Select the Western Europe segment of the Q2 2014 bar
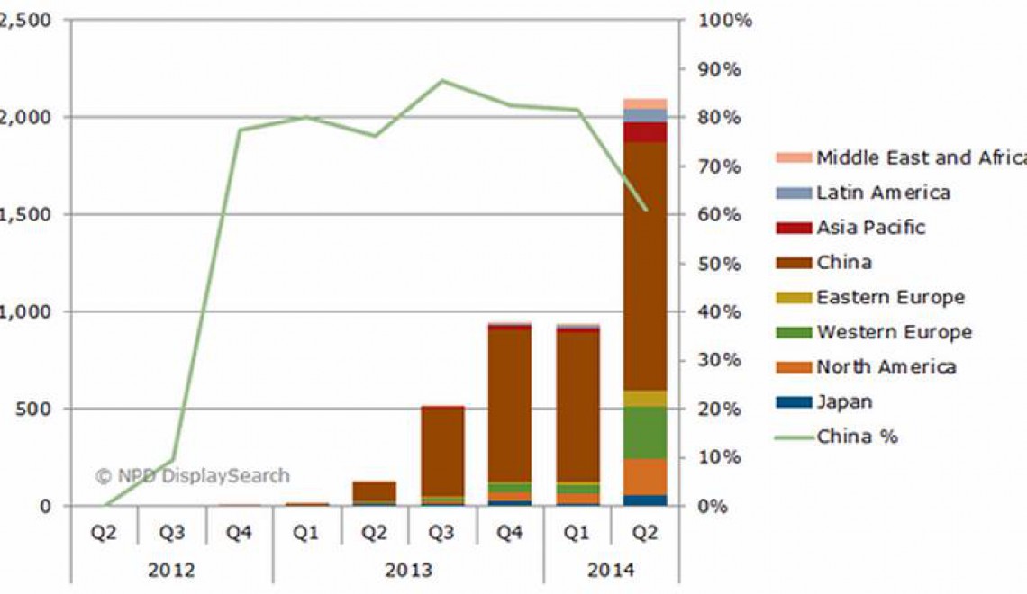(644, 433)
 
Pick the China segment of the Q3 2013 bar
(442, 450)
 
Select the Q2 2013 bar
(374, 491)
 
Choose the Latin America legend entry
(883, 193)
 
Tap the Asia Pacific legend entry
(870, 228)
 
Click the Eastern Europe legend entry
(890, 297)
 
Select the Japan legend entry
(844, 402)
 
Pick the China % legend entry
(857, 437)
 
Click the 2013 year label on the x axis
(408, 571)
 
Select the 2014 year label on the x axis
(611, 571)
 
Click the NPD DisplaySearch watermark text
(193, 475)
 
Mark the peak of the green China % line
(442, 80)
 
